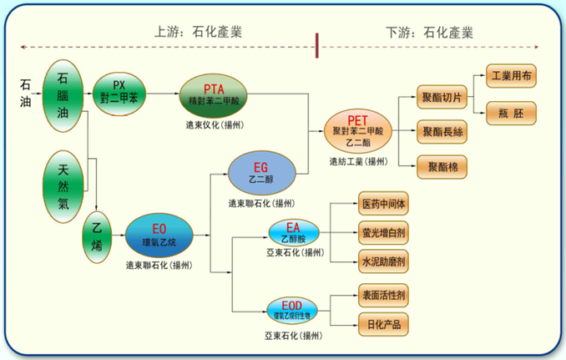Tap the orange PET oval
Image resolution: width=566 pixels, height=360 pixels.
[x=357, y=130]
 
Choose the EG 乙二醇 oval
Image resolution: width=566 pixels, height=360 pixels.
[x=261, y=172]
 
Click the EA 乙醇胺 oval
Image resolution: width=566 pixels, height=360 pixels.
[x=293, y=233]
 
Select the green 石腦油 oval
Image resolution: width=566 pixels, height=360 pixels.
[x=66, y=94]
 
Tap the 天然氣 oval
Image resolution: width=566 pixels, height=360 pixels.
[x=64, y=185]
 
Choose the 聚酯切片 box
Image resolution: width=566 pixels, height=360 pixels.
[x=443, y=98]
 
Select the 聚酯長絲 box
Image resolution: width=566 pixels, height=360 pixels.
[x=443, y=130]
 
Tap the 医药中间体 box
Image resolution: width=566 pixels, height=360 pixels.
[x=383, y=203]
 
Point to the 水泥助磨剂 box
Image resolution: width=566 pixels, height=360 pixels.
[x=383, y=261]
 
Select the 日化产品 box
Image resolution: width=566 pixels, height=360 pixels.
[x=383, y=323]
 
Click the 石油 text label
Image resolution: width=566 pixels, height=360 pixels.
[x=26, y=94]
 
